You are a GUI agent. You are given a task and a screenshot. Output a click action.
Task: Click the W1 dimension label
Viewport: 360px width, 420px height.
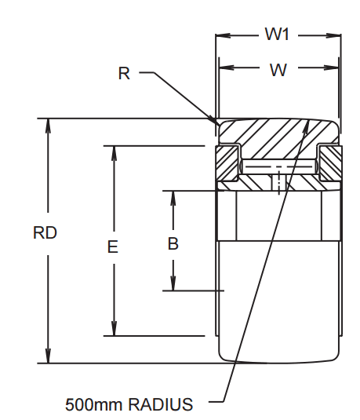278,35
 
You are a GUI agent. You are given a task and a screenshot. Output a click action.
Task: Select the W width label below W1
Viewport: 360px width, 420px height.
278,70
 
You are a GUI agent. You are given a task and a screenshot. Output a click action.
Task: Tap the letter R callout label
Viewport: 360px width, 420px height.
124,74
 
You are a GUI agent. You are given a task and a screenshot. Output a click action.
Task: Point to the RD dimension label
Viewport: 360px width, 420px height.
45,233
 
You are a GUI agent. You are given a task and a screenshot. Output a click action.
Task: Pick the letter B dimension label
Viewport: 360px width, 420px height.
173,243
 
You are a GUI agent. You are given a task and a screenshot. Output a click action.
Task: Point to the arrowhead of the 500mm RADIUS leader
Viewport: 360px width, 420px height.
309,124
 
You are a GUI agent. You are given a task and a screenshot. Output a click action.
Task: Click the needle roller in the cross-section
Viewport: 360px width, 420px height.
278,167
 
